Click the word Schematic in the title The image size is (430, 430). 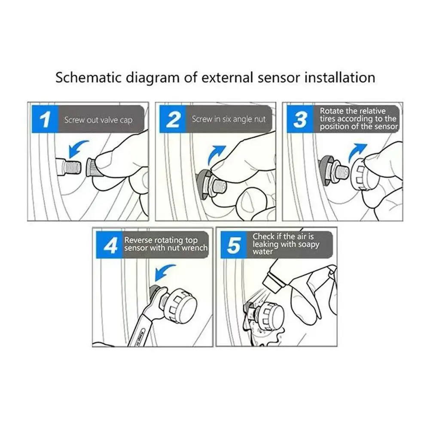pos(88,77)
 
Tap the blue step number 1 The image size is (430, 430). pos(45,119)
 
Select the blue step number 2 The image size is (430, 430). pos(173,119)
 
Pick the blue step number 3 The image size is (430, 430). pos(300,119)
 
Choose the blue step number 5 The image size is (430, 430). pos(234,244)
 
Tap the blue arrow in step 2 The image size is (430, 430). pos(216,155)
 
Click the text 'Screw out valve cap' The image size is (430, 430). pos(98,120)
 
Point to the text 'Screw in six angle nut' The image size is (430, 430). pos(229,119)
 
